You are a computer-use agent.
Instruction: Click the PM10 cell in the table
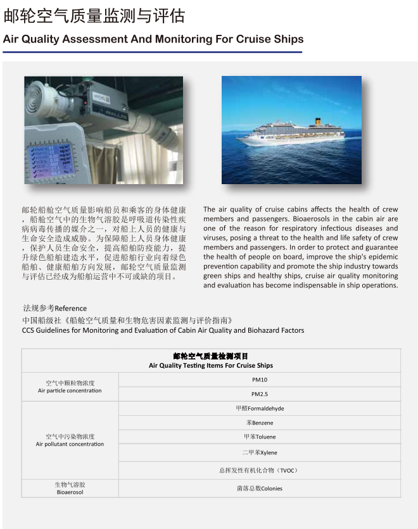[260, 380]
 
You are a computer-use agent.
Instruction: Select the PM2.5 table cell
[260, 394]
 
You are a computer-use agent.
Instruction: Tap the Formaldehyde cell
[260, 409]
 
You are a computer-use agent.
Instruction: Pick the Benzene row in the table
[260, 423]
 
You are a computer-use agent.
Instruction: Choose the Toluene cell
[260, 437]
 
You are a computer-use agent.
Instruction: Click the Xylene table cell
[260, 453]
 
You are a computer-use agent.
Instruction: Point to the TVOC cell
[260, 470]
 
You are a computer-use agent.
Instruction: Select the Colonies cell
[260, 489]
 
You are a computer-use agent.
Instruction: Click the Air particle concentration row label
[70, 387]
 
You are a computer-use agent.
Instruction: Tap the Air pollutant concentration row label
[70, 440]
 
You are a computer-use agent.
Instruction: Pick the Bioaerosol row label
[70, 489]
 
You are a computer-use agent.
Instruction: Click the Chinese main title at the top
[94, 15]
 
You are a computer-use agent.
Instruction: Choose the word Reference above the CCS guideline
[71, 309]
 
